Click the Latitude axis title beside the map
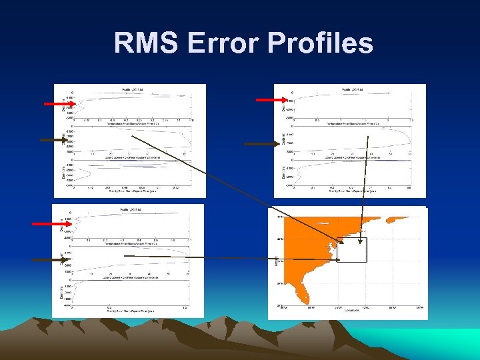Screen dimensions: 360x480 [x=276, y=259]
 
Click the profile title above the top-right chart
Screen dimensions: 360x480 [x=354, y=89]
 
